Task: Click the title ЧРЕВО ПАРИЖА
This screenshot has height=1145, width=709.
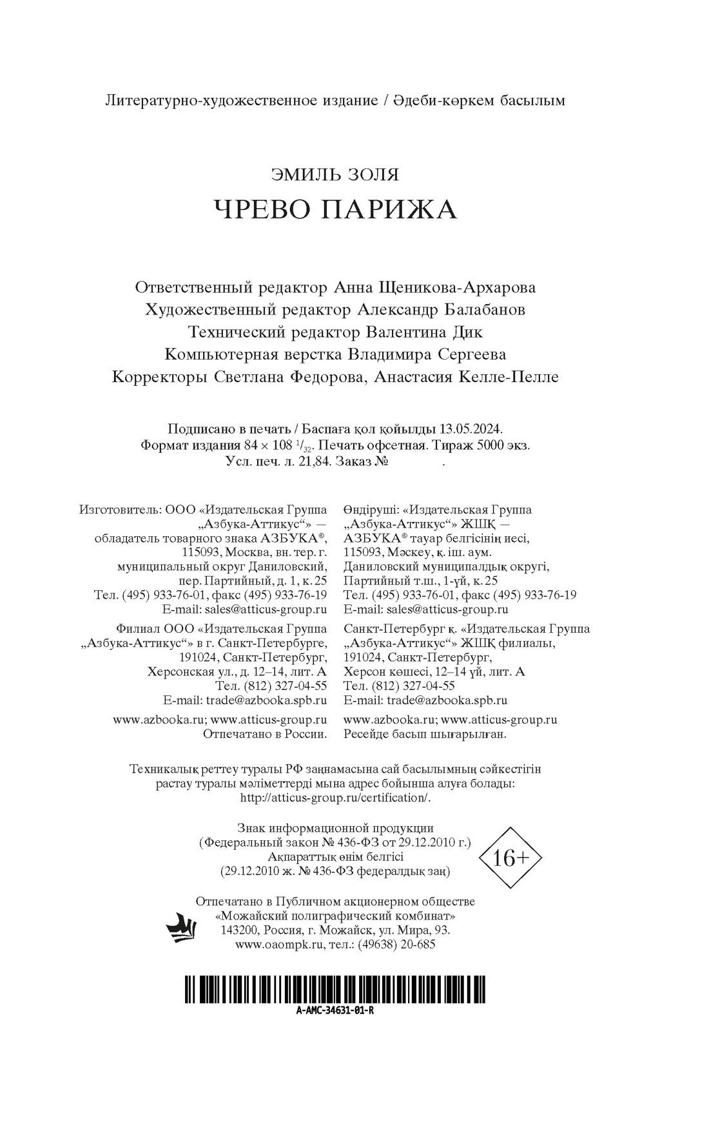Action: pyautogui.click(x=335, y=209)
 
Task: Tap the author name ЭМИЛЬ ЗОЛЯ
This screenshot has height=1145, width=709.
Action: pyautogui.click(x=335, y=175)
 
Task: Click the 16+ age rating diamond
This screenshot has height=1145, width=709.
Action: pyautogui.click(x=510, y=858)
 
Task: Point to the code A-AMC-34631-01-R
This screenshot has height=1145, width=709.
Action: pyautogui.click(x=335, y=1010)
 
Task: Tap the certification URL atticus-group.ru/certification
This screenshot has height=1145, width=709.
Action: pyautogui.click(x=334, y=798)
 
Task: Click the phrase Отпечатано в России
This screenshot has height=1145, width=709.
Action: pyautogui.click(x=265, y=734)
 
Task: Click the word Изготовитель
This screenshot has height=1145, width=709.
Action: pyautogui.click(x=120, y=510)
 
